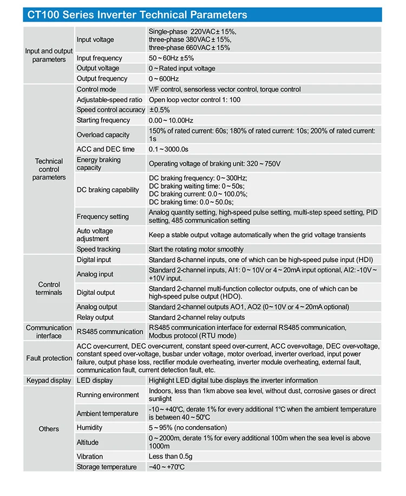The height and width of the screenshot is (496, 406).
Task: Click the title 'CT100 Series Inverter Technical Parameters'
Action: (x=135, y=15)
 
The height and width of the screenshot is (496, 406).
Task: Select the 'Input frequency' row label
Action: (x=100, y=58)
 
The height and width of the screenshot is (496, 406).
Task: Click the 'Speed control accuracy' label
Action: (x=111, y=110)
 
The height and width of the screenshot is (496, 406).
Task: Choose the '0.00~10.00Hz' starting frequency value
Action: (x=171, y=120)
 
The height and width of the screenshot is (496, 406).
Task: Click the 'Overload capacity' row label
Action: (x=103, y=135)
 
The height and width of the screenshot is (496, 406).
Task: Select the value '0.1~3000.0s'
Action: (x=169, y=149)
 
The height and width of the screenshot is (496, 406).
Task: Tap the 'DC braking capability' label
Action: (x=108, y=190)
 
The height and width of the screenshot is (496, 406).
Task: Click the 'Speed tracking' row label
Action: (x=99, y=249)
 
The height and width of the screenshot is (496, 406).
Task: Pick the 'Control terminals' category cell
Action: (x=49, y=288)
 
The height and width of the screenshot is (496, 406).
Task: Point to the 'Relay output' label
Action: (x=95, y=318)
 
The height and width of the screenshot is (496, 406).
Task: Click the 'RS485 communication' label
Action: (x=110, y=332)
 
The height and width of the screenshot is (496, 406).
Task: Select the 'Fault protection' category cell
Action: (x=49, y=358)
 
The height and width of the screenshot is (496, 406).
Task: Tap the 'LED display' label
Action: (x=95, y=380)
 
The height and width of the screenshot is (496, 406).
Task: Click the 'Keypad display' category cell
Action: (x=49, y=380)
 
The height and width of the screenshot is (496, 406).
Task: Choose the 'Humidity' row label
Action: (x=89, y=427)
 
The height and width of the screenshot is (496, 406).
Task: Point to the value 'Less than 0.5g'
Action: (x=171, y=457)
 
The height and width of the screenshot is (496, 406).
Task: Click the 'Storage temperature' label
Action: (x=107, y=467)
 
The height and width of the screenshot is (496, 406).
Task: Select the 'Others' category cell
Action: (x=49, y=429)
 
